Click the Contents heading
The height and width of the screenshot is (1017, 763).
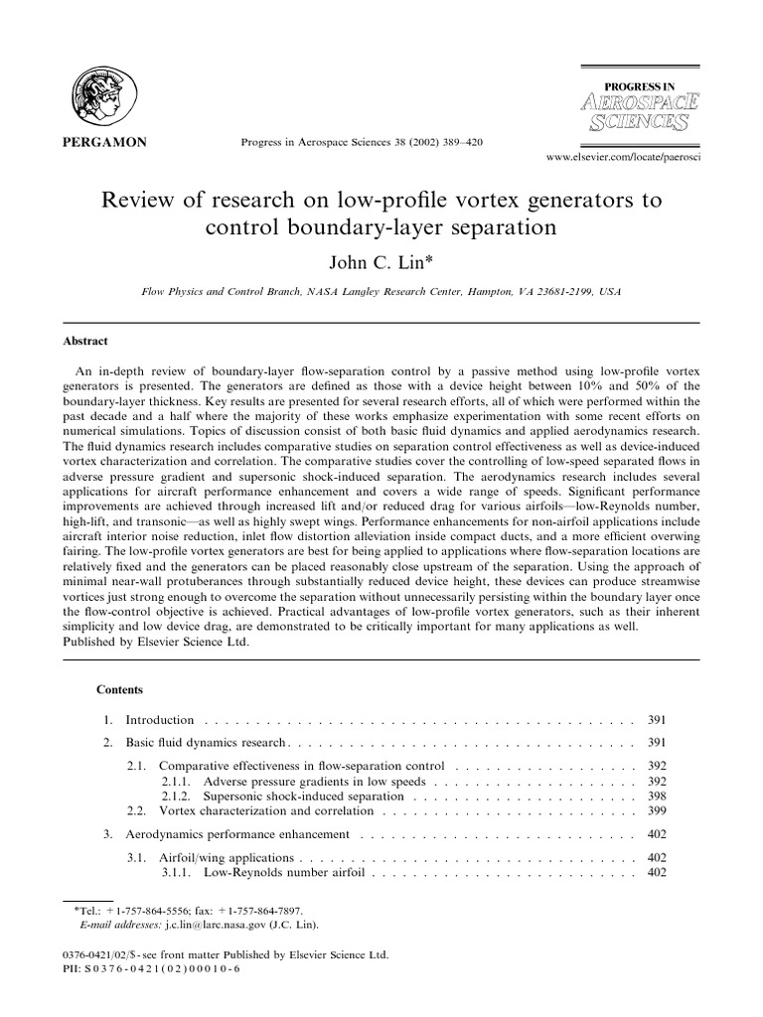click(119, 689)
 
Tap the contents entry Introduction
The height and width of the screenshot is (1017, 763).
click(159, 719)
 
